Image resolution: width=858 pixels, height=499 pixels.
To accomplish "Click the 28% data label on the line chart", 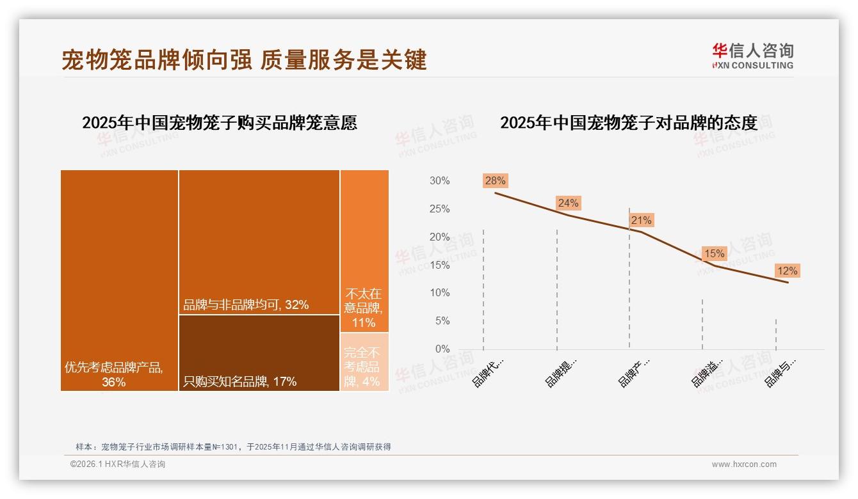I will pos(495,180).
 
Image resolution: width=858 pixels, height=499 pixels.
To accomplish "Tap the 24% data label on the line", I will pos(568,203).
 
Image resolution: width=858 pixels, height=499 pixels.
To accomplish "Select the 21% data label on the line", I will pos(641,220).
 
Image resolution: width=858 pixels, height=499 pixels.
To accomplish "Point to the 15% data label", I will pos(714,253).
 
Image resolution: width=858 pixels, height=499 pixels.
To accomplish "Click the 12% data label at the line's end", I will pos(787,271).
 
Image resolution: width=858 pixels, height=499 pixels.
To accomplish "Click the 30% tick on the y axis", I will pos(439,181).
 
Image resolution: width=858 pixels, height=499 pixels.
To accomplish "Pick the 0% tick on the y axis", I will pos(442,349).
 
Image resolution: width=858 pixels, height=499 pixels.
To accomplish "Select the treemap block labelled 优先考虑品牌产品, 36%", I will pos(119,280).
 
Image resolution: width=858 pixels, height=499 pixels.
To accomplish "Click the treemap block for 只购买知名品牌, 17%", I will pos(259,352).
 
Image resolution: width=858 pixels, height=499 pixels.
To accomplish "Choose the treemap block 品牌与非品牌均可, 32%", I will pos(259,242).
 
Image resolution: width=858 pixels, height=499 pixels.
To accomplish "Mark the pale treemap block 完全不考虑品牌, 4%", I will pos(364,362).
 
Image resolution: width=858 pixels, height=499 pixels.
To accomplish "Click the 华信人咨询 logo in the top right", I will pos(752,56).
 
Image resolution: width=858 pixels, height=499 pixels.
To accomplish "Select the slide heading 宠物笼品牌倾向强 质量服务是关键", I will pos(244,59).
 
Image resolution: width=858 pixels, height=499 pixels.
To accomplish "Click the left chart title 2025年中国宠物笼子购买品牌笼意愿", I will pos(220,122).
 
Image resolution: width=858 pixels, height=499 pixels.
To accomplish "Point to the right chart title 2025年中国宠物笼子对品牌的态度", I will pos(628,122).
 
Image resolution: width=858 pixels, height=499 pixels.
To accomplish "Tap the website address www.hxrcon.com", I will pos(743,464).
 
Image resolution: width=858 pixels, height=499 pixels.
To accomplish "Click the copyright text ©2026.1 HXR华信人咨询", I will pos(118,464).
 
